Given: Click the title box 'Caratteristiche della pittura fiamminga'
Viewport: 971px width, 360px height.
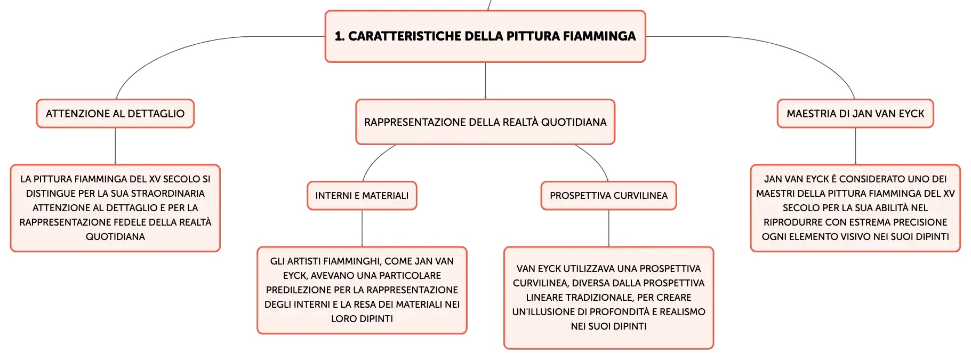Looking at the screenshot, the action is [x=485, y=36].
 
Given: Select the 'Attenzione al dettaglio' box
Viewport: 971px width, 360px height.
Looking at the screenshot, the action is [x=115, y=114].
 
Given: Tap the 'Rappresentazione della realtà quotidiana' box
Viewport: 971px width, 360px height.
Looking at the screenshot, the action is [x=485, y=122].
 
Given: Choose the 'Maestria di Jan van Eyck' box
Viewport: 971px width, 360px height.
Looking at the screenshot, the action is [x=855, y=114].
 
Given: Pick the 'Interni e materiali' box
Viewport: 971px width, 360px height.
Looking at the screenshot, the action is [x=362, y=196].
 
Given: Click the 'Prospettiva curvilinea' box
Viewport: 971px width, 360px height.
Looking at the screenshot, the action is [x=609, y=196].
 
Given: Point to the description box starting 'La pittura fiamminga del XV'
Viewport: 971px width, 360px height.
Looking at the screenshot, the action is [x=115, y=208].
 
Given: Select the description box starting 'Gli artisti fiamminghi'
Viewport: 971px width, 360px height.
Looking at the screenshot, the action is [x=362, y=290].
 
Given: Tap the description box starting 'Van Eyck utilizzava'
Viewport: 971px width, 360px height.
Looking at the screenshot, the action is [x=609, y=298].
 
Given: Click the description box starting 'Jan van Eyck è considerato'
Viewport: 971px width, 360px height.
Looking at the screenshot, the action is [x=855, y=208].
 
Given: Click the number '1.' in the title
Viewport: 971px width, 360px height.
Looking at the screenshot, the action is [x=340, y=36].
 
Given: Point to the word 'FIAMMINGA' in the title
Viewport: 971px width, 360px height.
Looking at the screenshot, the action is [x=599, y=36].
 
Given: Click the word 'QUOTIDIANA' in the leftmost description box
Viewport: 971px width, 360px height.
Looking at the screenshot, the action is [x=115, y=237].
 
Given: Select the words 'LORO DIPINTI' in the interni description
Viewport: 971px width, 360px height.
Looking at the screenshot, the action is [x=362, y=319].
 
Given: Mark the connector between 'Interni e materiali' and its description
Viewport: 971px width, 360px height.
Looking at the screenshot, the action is [x=362, y=228].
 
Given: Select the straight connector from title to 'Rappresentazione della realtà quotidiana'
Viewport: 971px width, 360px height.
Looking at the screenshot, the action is [x=485, y=81].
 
